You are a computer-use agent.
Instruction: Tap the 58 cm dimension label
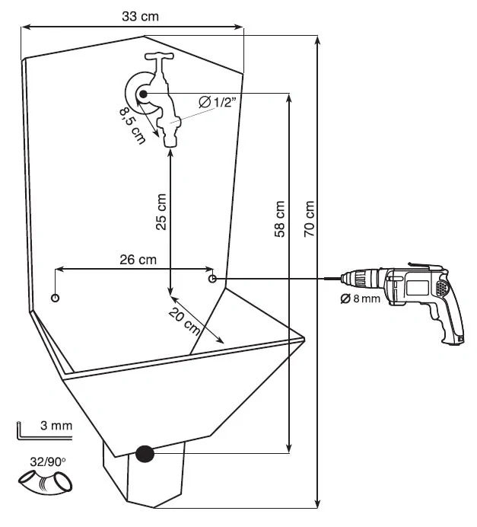279,219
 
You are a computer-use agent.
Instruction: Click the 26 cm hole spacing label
138,260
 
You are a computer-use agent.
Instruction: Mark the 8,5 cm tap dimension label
132,125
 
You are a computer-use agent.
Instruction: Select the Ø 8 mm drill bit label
360,299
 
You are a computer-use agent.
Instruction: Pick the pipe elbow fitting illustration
46,482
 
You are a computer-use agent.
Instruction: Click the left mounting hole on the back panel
55,297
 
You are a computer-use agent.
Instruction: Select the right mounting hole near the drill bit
214,279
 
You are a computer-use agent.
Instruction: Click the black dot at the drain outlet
145,454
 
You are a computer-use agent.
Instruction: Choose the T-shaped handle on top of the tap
161,58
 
